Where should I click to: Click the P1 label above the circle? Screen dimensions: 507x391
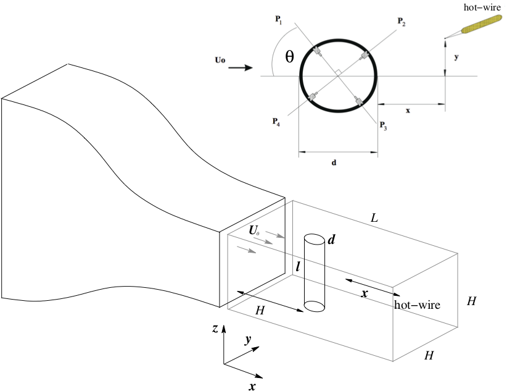pyautogui.click(x=278, y=20)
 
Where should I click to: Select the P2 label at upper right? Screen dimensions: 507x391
pyautogui.click(x=402, y=22)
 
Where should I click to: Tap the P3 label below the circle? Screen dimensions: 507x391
pyautogui.click(x=383, y=125)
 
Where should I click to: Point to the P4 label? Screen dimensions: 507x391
pyautogui.click(x=276, y=122)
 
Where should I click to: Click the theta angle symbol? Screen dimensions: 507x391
pyautogui.click(x=289, y=57)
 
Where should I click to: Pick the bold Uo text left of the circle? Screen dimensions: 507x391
pyautogui.click(x=220, y=60)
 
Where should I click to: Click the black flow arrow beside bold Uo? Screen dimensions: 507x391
pyautogui.click(x=241, y=68)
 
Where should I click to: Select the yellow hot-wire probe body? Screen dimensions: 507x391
pyautogui.click(x=482, y=24)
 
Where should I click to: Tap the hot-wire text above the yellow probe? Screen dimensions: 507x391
pyautogui.click(x=482, y=7)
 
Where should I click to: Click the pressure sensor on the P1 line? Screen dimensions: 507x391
pyautogui.click(x=316, y=51)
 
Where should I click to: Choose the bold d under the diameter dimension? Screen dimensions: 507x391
pyautogui.click(x=334, y=162)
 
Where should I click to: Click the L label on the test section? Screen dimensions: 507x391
pyautogui.click(x=374, y=218)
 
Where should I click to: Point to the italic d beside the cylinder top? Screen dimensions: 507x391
pyautogui.click(x=331, y=240)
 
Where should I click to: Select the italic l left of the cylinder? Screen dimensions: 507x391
pyautogui.click(x=298, y=267)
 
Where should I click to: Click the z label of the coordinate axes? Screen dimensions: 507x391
pyautogui.click(x=215, y=329)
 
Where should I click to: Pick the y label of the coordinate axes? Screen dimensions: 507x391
pyautogui.click(x=248, y=340)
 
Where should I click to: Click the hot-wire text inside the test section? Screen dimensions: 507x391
pyautogui.click(x=417, y=305)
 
